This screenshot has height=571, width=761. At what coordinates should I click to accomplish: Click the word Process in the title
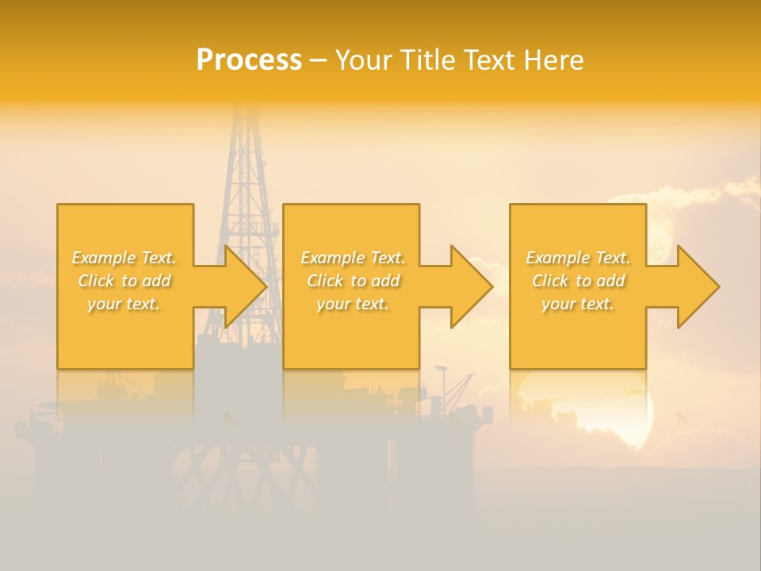click(249, 60)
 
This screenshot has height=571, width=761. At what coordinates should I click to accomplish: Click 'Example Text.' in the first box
click(124, 258)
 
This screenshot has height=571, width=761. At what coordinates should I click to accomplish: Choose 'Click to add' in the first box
click(124, 281)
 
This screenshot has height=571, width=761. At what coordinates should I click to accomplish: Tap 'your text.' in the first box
click(124, 304)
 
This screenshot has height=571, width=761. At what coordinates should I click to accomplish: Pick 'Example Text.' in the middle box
click(353, 258)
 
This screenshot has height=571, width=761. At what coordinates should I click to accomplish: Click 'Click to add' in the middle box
click(353, 281)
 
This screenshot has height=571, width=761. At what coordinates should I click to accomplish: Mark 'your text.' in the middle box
click(353, 304)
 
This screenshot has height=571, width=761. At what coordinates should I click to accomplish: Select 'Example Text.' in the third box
click(578, 258)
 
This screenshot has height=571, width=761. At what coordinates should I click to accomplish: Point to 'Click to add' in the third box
click(578, 281)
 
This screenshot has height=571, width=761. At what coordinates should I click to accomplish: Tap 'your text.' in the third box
click(578, 304)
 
